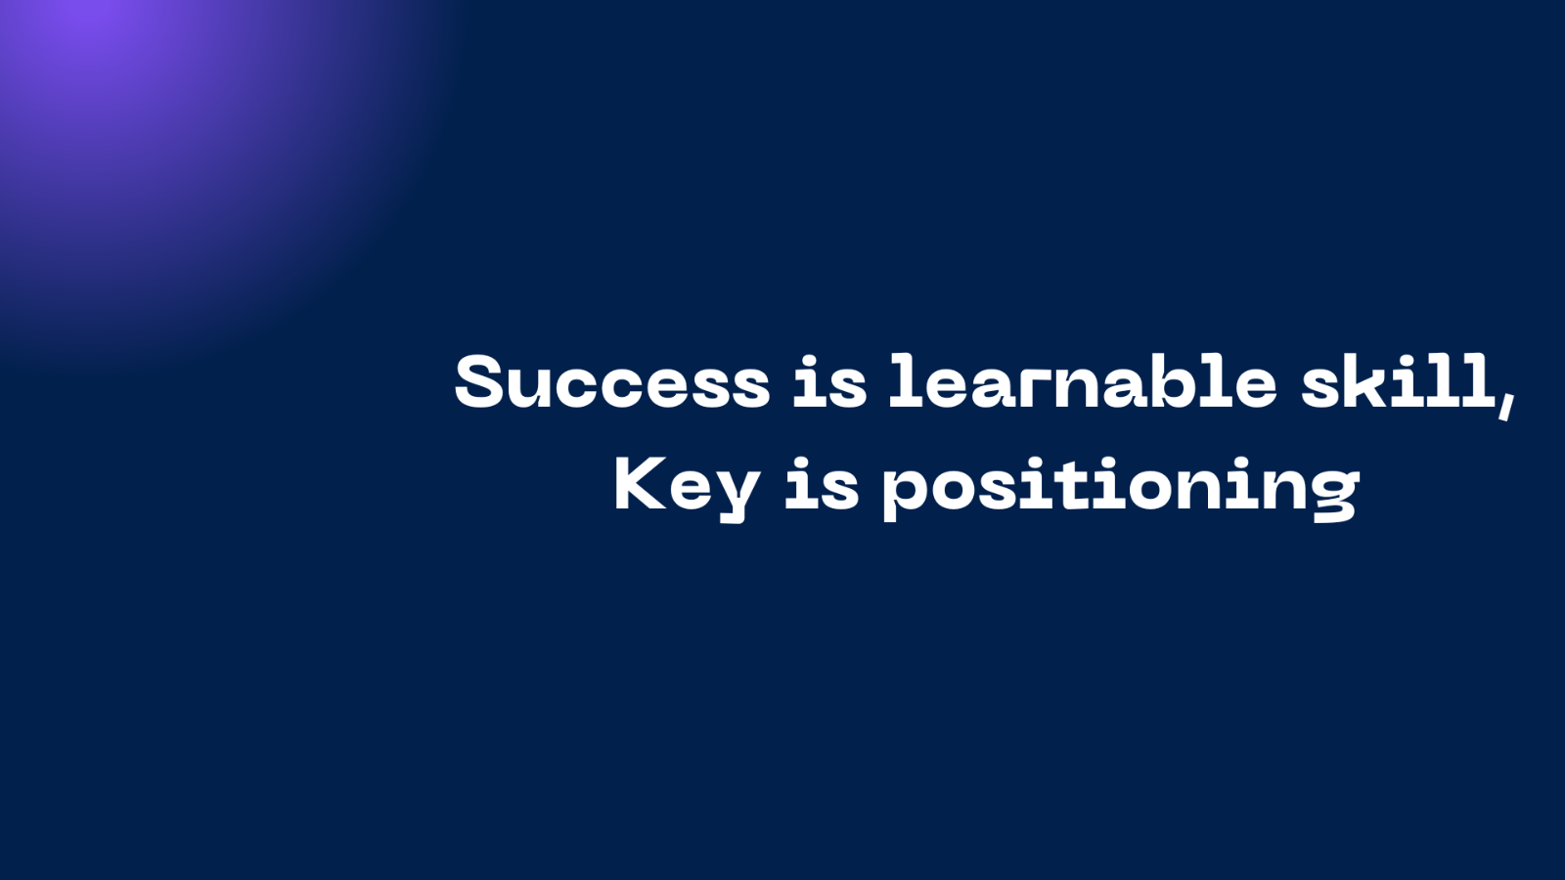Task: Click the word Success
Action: [x=612, y=381]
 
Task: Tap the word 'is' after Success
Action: [x=829, y=381]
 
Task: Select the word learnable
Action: [x=1082, y=381]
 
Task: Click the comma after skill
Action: [x=1505, y=408]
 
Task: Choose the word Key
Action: [x=686, y=488]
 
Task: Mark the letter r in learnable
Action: [x=1031, y=388]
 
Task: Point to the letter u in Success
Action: [x=529, y=388]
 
